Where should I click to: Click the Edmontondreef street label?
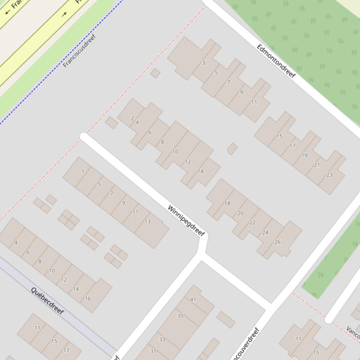click(x=276, y=61)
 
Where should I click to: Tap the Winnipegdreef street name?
click(x=186, y=221)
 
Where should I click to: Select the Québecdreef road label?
click(x=47, y=301)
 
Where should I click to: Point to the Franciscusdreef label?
click(x=79, y=50)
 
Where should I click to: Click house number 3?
click(x=203, y=63)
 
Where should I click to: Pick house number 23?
click(x=330, y=175)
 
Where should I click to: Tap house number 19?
click(x=304, y=156)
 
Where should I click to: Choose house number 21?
click(x=317, y=165)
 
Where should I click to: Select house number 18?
click(x=228, y=203)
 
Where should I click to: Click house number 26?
click(x=277, y=242)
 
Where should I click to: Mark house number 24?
click(x=265, y=232)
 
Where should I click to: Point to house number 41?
click(x=193, y=299)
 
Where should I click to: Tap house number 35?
click(x=180, y=316)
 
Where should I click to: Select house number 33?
click(x=162, y=339)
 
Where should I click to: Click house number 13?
click(x=147, y=222)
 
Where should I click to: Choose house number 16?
click(x=88, y=298)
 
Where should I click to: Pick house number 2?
click(x=132, y=119)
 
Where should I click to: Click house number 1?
click(x=83, y=171)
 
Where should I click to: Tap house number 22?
click(x=252, y=223)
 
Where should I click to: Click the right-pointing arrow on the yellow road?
click(x=65, y=14)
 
